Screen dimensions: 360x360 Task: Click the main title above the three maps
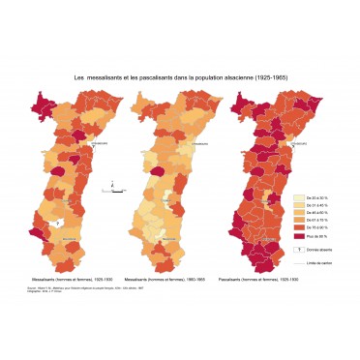pos(179,77)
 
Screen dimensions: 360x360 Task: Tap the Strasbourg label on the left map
pos(99,144)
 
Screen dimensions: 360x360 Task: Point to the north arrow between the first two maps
pos(113,184)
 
